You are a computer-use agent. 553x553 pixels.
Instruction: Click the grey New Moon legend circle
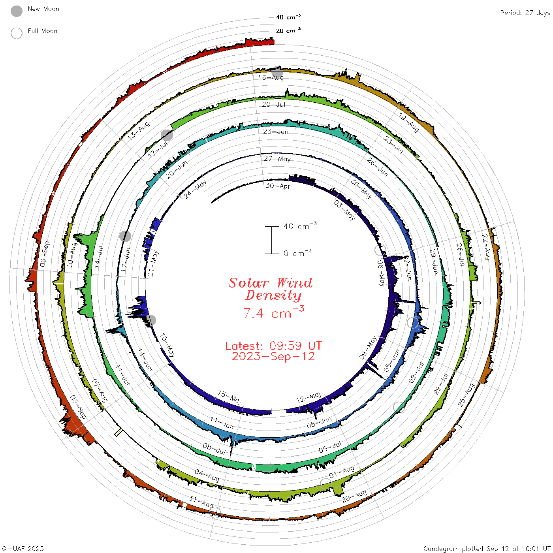[16, 11]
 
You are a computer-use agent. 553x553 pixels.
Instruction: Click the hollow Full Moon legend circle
[16, 33]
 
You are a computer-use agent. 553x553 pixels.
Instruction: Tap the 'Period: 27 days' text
[525, 13]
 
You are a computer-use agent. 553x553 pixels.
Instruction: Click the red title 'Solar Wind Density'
[270, 289]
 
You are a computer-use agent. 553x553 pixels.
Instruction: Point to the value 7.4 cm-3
[273, 312]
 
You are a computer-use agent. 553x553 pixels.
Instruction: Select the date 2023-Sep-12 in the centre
[273, 356]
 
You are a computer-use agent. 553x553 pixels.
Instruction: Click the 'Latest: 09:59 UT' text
[273, 346]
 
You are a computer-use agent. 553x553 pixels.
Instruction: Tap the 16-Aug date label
[271, 77]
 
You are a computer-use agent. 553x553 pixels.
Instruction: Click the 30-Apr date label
[278, 186]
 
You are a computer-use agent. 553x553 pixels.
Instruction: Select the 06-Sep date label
[45, 254]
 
